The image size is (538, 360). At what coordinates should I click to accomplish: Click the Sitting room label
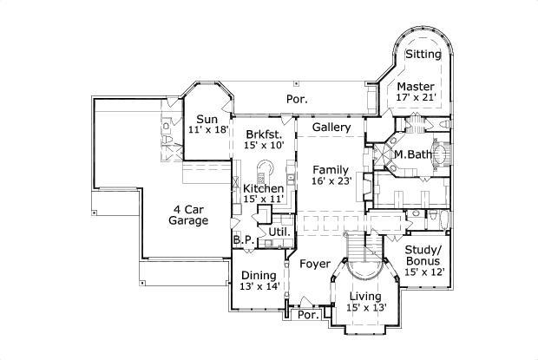[423, 55]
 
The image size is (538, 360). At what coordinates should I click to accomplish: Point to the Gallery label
[331, 128]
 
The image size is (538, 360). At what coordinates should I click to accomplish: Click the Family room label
[331, 170]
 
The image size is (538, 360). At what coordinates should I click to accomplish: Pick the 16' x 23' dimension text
[331, 181]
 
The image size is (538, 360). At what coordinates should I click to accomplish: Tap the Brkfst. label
[262, 134]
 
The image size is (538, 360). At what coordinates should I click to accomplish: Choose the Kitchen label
[262, 188]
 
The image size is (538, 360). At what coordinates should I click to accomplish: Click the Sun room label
[207, 119]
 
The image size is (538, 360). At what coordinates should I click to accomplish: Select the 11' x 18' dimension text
[207, 130]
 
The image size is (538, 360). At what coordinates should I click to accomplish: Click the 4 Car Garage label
[187, 214]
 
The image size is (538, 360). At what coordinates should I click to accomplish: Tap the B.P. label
[242, 239]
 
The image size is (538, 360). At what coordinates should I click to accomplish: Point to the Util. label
[279, 232]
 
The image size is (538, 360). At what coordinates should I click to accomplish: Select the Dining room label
[259, 276]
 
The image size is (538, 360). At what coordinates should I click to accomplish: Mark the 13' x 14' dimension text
[259, 287]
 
